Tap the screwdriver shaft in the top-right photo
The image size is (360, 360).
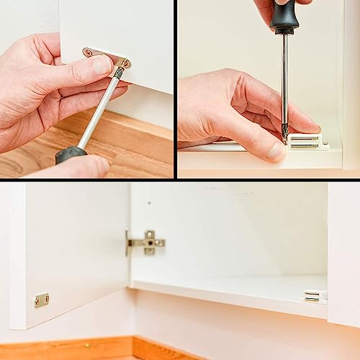284,79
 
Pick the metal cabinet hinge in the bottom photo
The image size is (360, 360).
146,243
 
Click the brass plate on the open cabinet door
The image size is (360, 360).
42,300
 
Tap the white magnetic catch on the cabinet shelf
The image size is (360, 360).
314,295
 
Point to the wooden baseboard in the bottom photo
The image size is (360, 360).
72,348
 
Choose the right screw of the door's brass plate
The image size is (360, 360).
46,298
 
